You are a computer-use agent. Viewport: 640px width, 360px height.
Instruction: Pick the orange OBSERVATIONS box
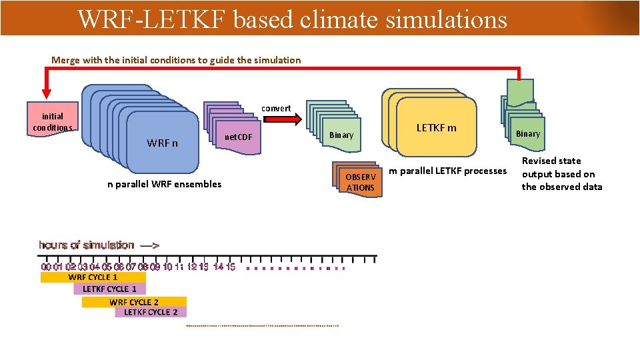pyautogui.click(x=361, y=181)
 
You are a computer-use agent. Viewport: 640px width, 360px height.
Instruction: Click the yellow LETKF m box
pyautogui.click(x=437, y=127)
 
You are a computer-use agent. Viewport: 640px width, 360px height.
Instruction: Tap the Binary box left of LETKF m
pyautogui.click(x=341, y=135)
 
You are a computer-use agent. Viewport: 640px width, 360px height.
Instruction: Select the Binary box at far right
pyautogui.click(x=527, y=134)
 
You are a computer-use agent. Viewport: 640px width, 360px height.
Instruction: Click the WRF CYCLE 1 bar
pyautogui.click(x=93, y=277)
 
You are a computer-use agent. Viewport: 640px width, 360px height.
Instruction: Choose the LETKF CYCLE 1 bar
pyautogui.click(x=109, y=289)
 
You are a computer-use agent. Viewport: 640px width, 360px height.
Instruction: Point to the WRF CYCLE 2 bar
pyautogui.click(x=134, y=302)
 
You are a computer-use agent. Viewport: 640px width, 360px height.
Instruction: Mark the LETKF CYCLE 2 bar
pyautogui.click(x=151, y=312)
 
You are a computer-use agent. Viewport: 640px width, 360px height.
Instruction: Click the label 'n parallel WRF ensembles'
pyautogui.click(x=164, y=184)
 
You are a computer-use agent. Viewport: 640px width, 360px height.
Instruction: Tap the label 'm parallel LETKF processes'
pyautogui.click(x=447, y=171)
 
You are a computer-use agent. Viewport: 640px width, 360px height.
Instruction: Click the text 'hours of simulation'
pyautogui.click(x=87, y=245)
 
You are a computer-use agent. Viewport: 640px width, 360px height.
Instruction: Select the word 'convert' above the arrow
pyautogui.click(x=276, y=108)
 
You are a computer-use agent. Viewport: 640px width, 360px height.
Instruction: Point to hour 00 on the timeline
pyautogui.click(x=46, y=267)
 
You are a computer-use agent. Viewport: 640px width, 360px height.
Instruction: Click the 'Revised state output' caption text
pyautogui.click(x=561, y=173)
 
